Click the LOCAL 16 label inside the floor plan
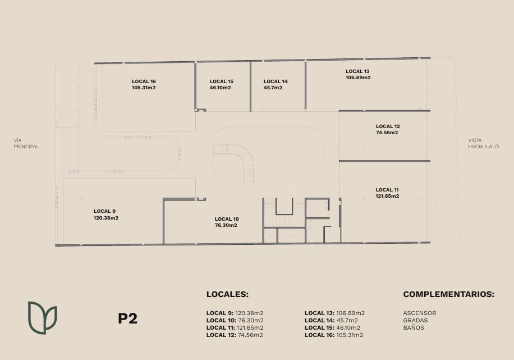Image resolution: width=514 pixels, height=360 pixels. [144, 81]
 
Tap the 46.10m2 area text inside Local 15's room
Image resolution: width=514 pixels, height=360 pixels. [221, 88]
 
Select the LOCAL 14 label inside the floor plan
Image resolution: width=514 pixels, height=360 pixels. [276, 81]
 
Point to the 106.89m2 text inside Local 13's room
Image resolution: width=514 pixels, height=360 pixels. [358, 78]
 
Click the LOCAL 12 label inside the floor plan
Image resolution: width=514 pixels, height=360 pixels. [388, 126]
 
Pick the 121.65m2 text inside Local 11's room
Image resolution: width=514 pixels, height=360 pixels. [387, 196]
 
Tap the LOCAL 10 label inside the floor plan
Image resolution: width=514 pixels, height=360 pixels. [227, 219]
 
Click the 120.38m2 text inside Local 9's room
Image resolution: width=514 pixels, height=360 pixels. [106, 218]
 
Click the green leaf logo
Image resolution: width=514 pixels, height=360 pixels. [42, 318]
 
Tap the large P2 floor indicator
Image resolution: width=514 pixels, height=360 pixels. [127, 318]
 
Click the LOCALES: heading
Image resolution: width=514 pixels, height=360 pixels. [227, 294]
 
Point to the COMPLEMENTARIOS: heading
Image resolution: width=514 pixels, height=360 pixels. [449, 294]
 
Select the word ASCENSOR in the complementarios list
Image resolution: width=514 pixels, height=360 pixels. [420, 313]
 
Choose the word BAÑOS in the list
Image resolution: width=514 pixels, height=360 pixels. [414, 327]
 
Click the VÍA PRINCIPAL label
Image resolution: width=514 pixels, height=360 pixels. [26, 143]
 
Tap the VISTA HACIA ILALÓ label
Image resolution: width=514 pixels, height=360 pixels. [484, 143]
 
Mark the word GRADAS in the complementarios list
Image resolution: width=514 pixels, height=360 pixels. [415, 320]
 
